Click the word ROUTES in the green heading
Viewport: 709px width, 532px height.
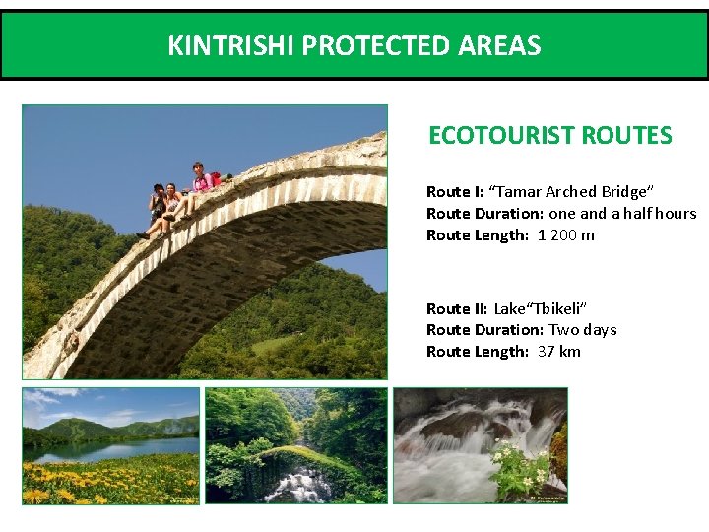coord(626,136)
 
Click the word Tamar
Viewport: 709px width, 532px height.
coord(516,191)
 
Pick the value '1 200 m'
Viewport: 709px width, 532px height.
coord(566,234)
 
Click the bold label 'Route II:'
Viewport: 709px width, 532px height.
coord(457,308)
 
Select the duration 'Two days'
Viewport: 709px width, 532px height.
coord(583,330)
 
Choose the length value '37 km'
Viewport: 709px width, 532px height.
coord(559,352)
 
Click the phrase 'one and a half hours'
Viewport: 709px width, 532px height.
coord(622,213)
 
